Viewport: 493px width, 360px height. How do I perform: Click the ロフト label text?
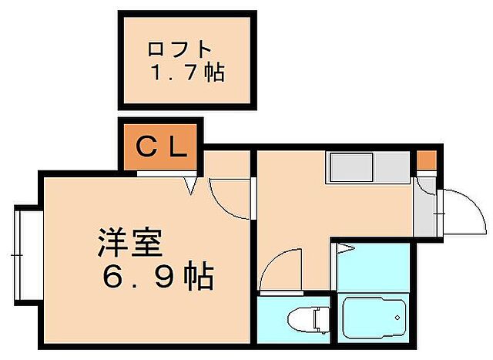click(x=179, y=49)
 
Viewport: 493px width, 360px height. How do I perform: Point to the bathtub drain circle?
click(x=397, y=317)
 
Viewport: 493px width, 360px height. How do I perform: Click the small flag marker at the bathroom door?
click(x=344, y=248)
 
